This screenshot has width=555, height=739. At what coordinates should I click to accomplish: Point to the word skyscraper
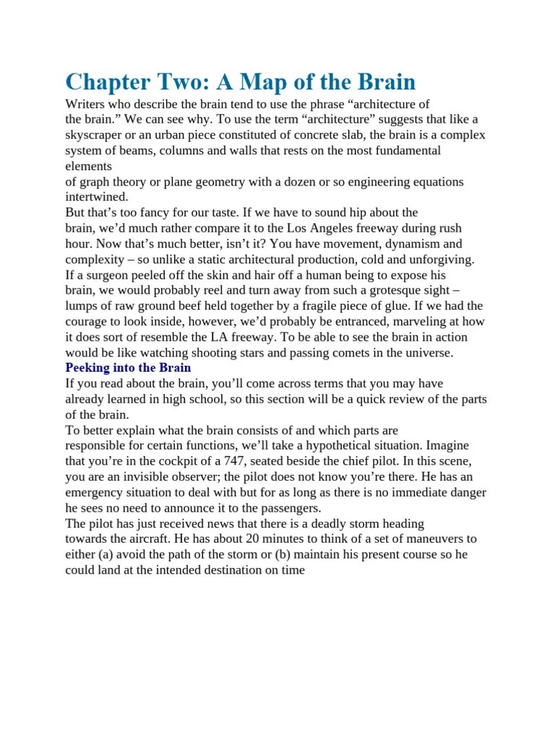[x=98, y=135]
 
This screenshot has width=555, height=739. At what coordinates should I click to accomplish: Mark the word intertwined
[x=97, y=197]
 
